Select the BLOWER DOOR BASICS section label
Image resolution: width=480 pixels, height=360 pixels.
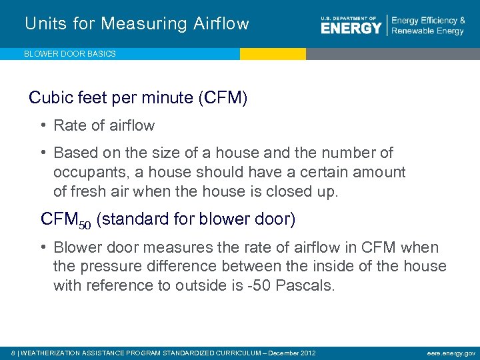(70, 54)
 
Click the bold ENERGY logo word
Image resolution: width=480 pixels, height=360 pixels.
(351, 27)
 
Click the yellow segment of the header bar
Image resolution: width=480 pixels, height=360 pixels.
(273, 54)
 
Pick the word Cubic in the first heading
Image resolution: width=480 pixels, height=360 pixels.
(47, 99)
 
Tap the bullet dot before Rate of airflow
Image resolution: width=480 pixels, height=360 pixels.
(43, 125)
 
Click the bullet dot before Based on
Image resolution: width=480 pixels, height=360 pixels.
(43, 153)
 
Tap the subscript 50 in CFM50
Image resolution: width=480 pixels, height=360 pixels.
(85, 225)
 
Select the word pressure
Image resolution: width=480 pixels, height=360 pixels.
(109, 267)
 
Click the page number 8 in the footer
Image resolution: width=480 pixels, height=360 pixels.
(14, 352)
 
